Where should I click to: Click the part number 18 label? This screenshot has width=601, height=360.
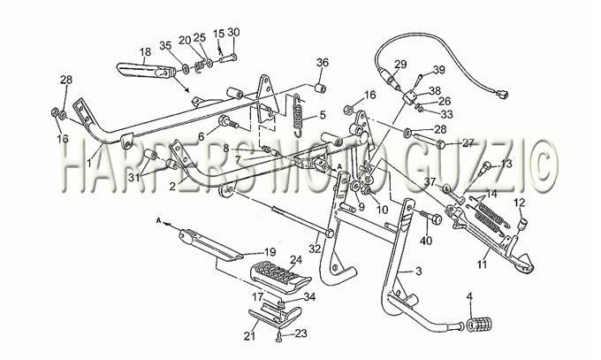pos(145,52)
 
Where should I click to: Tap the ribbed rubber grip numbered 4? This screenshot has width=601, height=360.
pos(479,325)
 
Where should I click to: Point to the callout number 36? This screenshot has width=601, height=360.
pos(322,63)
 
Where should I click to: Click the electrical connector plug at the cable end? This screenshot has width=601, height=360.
pos(501,93)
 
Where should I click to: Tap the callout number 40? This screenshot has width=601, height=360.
pos(426,241)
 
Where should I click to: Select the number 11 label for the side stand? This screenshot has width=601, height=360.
pos(482,264)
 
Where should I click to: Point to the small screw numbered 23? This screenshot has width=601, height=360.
pos(278,338)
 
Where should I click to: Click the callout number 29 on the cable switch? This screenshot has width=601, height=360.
pos(400,64)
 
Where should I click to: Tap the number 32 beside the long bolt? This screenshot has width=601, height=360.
pos(315,249)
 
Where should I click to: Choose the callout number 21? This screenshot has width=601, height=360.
pos(249,336)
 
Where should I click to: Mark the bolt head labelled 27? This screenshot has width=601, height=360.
pos(440,145)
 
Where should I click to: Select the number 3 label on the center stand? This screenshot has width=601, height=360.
pos(418,272)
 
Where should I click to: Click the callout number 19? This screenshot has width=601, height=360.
pos(270,252)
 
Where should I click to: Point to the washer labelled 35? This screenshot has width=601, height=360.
pos(185,69)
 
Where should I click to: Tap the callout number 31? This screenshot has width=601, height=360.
pos(133,178)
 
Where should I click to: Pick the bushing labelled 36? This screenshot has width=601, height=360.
pos(320,88)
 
